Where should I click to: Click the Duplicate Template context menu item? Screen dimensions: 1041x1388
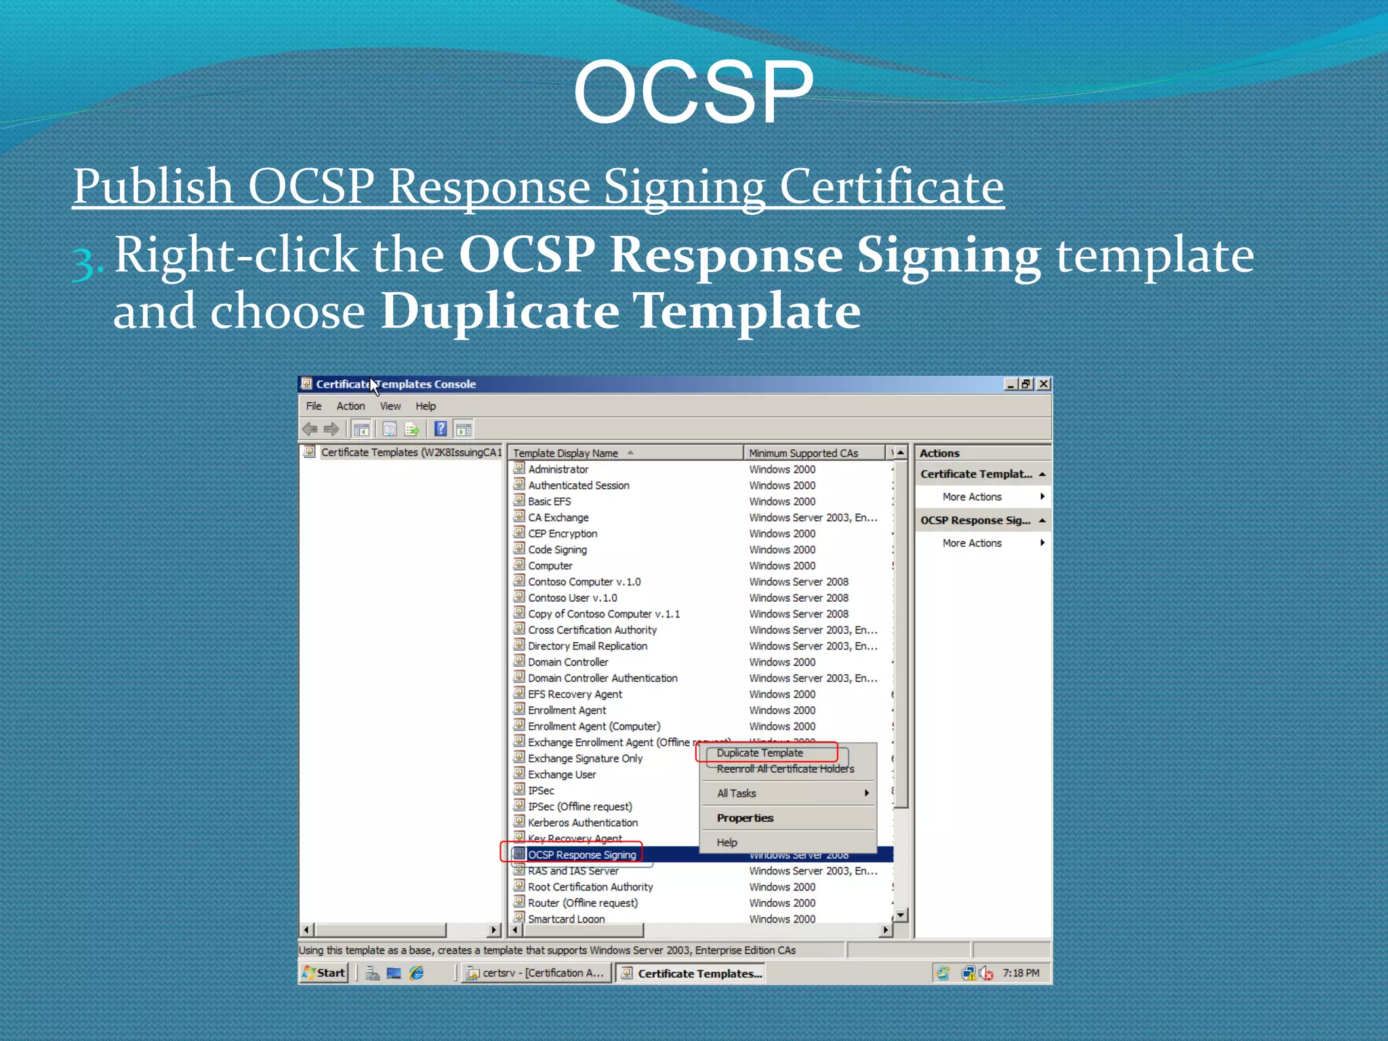click(x=760, y=753)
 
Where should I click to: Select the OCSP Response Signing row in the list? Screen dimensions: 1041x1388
click(x=581, y=855)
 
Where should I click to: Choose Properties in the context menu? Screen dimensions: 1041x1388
click(x=745, y=818)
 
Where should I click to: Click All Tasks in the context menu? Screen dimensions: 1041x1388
click(x=737, y=793)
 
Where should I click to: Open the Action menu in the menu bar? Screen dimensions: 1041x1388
click(x=350, y=406)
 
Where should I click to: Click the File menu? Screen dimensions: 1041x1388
click(x=314, y=406)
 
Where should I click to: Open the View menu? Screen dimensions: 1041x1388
click(x=390, y=406)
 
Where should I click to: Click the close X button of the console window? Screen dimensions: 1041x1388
click(x=1044, y=384)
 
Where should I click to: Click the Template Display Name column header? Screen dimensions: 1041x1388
click(x=565, y=453)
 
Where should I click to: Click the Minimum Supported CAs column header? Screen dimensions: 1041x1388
click(x=803, y=453)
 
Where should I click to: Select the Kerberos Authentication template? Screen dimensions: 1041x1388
click(x=583, y=823)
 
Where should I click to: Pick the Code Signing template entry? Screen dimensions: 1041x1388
click(x=557, y=550)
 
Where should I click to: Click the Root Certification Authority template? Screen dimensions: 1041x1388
click(x=590, y=887)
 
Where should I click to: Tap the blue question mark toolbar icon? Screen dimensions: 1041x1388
click(x=441, y=428)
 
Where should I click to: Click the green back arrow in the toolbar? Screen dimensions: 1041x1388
click(x=310, y=428)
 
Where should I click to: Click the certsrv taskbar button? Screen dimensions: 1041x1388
click(x=535, y=973)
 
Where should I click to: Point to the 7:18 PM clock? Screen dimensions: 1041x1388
click(x=1021, y=973)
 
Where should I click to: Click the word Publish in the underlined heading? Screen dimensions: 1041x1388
click(x=153, y=186)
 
